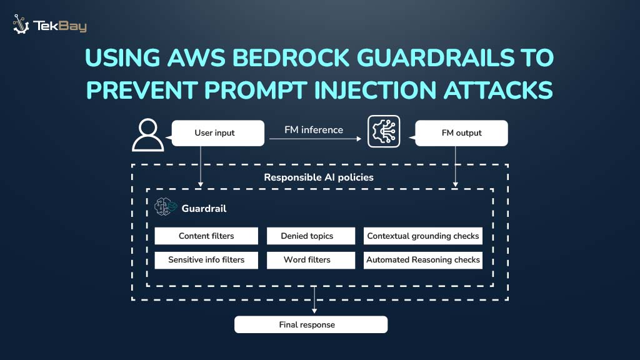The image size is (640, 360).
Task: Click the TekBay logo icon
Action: click(21, 24)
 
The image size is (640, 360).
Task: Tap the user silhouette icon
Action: click(148, 136)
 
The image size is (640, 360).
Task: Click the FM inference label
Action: click(313, 130)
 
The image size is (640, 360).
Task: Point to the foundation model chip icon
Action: click(383, 131)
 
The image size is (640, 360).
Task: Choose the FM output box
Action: click(461, 133)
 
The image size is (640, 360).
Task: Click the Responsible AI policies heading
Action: click(318, 177)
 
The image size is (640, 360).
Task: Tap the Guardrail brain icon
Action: click(166, 207)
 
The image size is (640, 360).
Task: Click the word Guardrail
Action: click(204, 209)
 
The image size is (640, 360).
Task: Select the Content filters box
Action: click(206, 236)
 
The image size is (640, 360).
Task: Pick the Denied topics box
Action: click(307, 236)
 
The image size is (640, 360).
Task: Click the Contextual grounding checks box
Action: click(423, 236)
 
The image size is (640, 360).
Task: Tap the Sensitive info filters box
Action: click(206, 260)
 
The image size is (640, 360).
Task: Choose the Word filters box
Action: click(307, 260)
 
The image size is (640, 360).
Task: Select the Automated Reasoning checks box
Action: click(423, 260)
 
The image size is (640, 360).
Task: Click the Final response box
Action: click(311, 325)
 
